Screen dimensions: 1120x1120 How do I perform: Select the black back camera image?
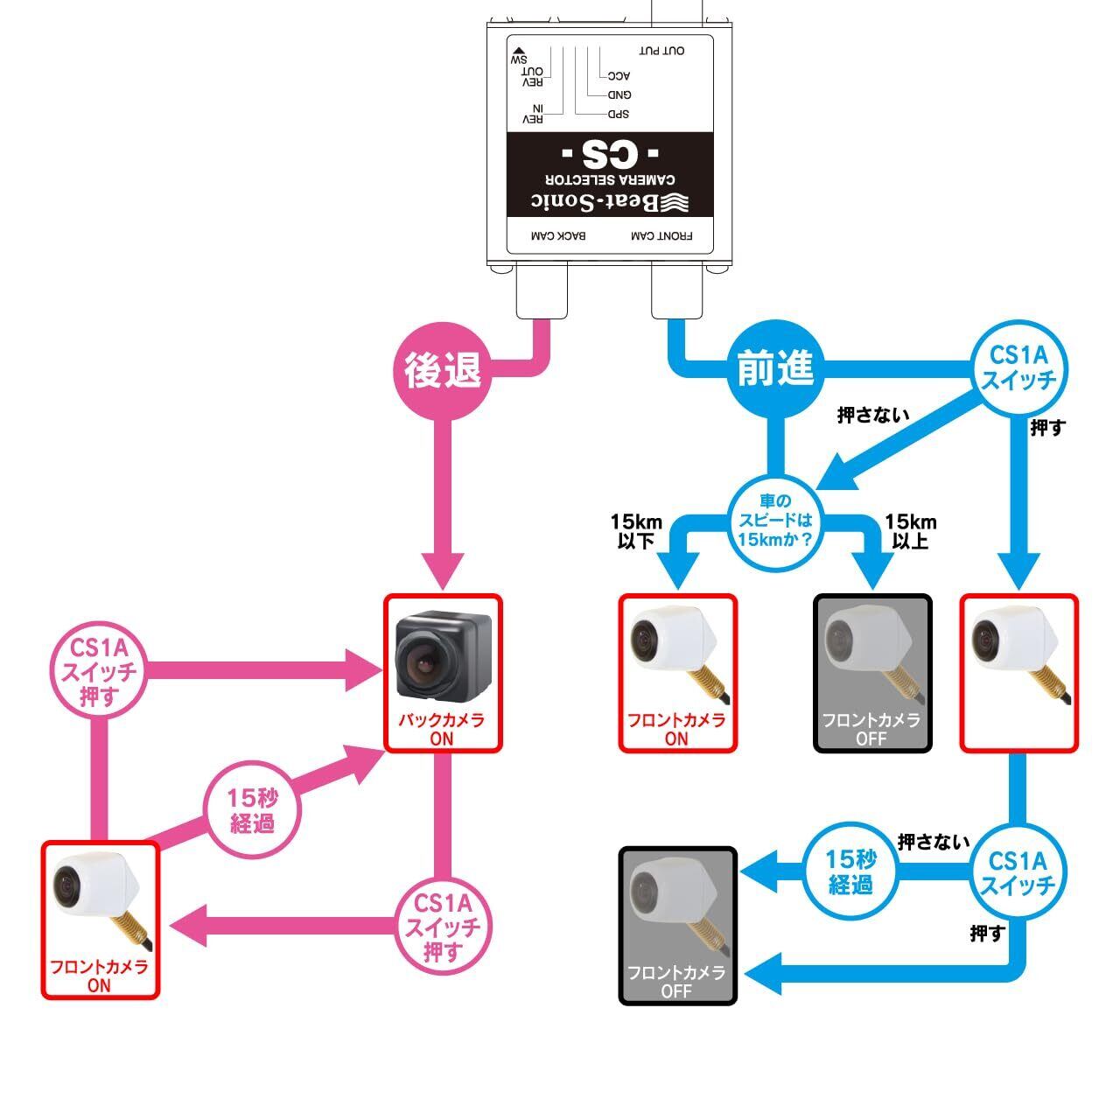[x=443, y=655]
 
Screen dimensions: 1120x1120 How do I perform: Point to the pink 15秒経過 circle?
[x=252, y=810]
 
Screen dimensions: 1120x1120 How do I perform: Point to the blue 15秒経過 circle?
[x=850, y=871]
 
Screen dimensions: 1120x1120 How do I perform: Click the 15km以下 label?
[x=636, y=531]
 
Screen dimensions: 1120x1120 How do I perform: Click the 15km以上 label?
[x=910, y=531]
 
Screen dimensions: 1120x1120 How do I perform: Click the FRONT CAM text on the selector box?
[x=661, y=236]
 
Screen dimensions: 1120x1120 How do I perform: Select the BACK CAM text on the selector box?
[x=559, y=236]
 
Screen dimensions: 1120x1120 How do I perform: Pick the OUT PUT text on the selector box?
[x=661, y=51]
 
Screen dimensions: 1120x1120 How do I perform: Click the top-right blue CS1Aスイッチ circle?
[x=1018, y=368]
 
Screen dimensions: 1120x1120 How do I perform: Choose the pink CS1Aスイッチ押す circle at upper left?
[x=98, y=672]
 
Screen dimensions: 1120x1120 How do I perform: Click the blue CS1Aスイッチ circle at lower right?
[x=1018, y=872]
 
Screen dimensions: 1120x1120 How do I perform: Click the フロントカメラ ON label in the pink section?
[x=100, y=976]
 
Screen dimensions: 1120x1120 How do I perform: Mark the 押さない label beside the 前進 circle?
[x=872, y=415]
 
